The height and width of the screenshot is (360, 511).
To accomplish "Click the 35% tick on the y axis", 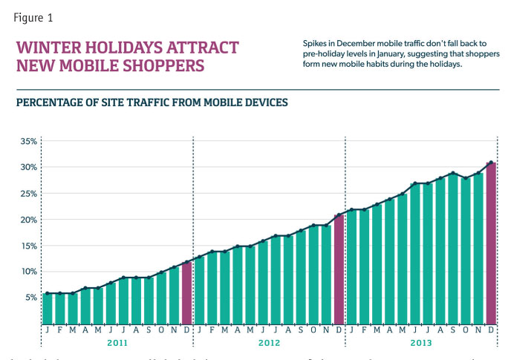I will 29,141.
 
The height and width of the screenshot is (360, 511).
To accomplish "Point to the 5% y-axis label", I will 30,298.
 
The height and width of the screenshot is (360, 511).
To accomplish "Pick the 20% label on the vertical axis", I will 29,220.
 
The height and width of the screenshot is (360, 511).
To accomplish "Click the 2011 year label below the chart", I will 117,344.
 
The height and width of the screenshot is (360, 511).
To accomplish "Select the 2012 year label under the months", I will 268,344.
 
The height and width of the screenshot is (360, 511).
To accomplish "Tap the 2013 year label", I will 420,344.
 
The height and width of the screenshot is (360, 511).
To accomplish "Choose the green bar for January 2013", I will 352,266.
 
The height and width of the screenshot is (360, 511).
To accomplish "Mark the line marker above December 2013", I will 491,163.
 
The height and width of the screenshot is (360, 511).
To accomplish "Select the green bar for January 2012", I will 200,290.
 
